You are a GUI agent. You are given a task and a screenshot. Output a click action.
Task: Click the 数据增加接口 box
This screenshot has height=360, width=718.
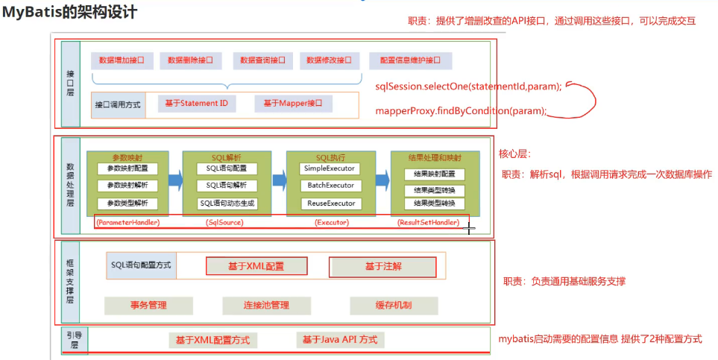pyautogui.click(x=121, y=60)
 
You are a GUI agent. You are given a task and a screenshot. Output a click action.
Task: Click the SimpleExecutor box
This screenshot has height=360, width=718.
pyautogui.click(x=331, y=168)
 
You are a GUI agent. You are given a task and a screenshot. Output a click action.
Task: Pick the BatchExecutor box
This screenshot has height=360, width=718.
pyautogui.click(x=331, y=186)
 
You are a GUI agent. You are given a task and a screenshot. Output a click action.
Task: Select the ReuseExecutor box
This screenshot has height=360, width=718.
pyautogui.click(x=331, y=203)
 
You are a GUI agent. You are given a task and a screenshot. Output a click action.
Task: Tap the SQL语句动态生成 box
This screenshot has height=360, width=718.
pyautogui.click(x=228, y=203)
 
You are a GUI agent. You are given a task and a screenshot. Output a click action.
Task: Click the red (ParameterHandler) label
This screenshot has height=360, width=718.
pyautogui.click(x=128, y=222)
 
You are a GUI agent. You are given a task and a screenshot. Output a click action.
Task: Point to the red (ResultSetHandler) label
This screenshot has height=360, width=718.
pyautogui.click(x=427, y=222)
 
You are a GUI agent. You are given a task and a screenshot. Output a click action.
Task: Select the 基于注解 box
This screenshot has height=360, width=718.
pyautogui.click(x=382, y=266)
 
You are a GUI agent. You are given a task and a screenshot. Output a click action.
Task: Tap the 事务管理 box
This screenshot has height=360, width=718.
pyautogui.click(x=148, y=305)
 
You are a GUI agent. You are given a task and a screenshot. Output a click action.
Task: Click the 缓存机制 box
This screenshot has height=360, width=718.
pyautogui.click(x=393, y=305)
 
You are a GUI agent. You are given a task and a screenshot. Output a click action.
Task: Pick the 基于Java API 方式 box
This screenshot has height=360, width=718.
pyautogui.click(x=339, y=340)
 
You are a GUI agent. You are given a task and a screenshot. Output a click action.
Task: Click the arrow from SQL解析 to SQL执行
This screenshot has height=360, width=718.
pyautogui.click(x=280, y=180)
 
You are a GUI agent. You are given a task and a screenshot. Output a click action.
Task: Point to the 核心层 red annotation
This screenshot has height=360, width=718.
pyautogui.click(x=514, y=154)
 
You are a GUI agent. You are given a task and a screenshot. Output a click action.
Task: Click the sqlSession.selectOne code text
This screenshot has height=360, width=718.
pyautogui.click(x=468, y=86)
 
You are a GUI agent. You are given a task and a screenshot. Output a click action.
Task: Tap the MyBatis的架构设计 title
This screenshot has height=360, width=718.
pyautogui.click(x=69, y=13)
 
